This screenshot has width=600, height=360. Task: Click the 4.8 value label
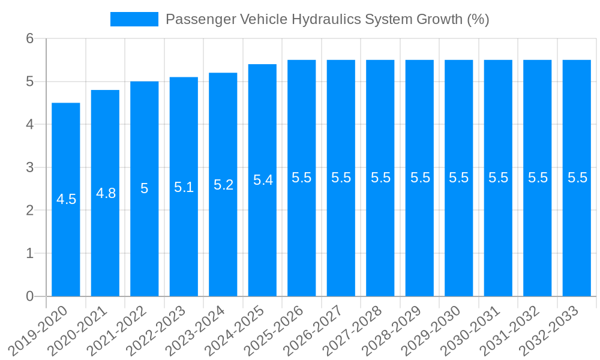click(x=106, y=193)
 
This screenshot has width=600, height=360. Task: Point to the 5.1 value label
click(x=184, y=187)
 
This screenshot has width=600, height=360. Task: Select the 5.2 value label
click(x=223, y=185)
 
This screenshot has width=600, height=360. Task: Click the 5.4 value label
click(x=263, y=180)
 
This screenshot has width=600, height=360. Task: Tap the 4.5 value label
click(x=66, y=199)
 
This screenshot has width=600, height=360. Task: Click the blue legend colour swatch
click(x=134, y=19)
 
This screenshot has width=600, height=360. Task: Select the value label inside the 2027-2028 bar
click(x=380, y=178)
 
